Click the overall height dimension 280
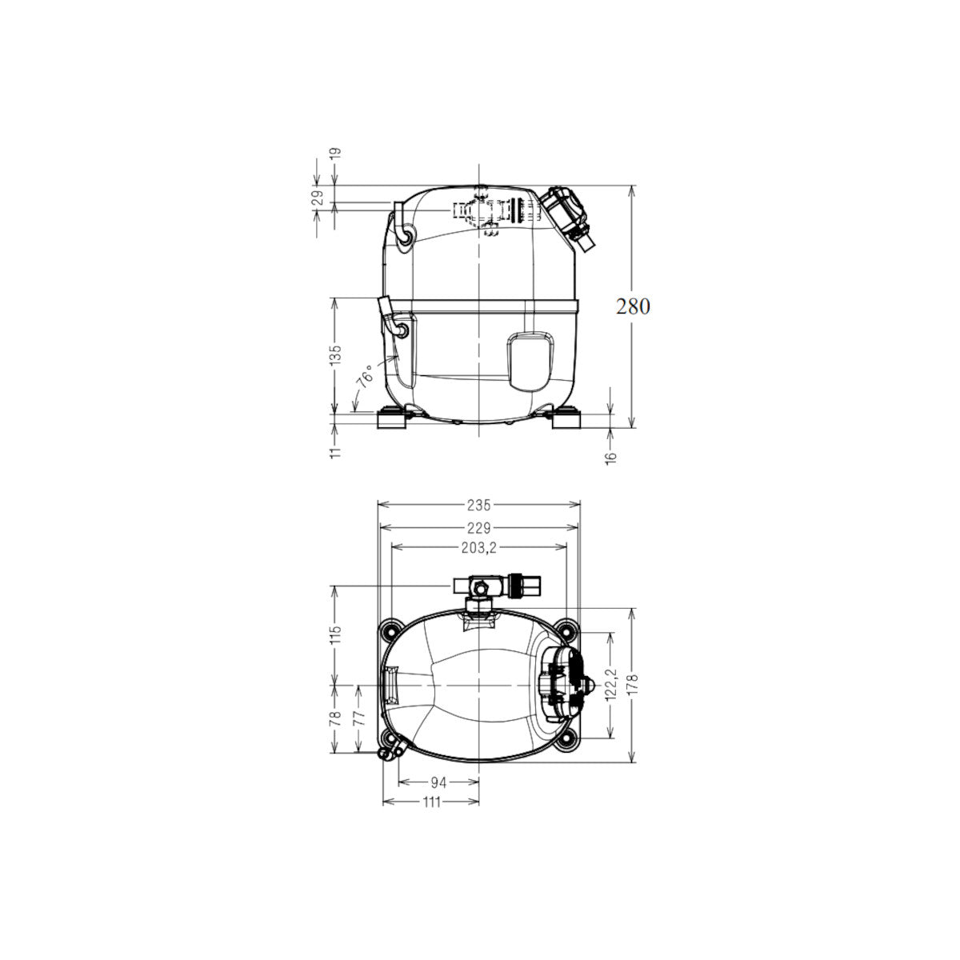click(633, 307)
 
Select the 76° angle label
click(365, 377)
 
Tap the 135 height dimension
click(336, 354)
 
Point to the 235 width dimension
click(478, 505)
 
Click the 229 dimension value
click(478, 527)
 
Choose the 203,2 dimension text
click(478, 548)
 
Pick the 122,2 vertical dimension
click(612, 684)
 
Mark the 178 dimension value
click(634, 686)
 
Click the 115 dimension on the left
click(336, 634)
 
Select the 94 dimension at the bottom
click(438, 782)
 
